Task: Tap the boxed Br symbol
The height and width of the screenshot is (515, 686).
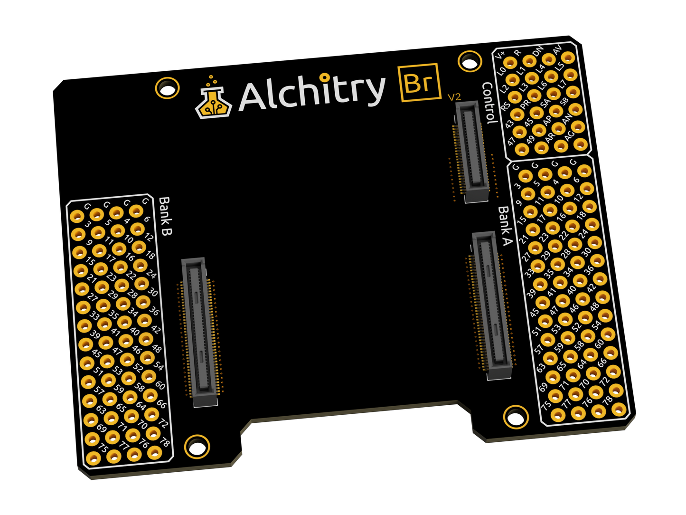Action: [x=418, y=83]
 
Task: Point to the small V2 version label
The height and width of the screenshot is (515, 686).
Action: [x=454, y=97]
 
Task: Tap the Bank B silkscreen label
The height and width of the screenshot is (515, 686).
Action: [x=165, y=217]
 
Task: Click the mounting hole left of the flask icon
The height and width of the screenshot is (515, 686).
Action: [x=167, y=88]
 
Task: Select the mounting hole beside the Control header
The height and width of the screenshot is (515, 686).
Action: [x=470, y=61]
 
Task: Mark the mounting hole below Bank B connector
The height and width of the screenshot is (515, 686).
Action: [x=197, y=446]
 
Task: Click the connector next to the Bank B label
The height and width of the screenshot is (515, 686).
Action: [x=199, y=332]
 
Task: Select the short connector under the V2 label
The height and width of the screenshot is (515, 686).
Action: [x=471, y=152]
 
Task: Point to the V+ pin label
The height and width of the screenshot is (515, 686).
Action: [x=500, y=56]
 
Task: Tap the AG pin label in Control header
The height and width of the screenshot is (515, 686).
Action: [x=570, y=135]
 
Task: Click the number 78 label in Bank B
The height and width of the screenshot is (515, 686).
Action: [x=165, y=443]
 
